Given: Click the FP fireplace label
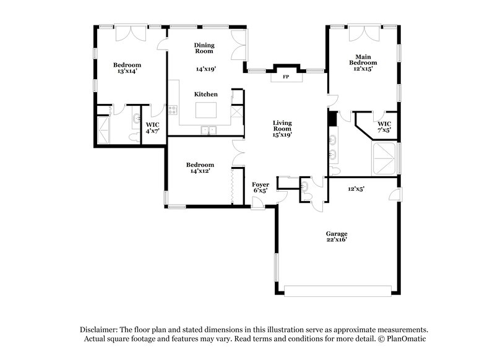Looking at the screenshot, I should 286,77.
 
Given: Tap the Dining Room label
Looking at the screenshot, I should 204,48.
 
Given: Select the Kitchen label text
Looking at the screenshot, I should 206,94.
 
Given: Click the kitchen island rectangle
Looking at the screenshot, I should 207,110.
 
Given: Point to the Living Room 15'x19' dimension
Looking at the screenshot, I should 282,134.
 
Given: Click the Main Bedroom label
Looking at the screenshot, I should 363,59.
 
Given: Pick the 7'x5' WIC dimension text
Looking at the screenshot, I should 384,131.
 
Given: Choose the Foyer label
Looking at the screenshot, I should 260,184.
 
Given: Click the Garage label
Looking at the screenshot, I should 337,233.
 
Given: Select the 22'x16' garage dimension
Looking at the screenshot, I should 337,239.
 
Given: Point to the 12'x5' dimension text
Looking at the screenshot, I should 356,189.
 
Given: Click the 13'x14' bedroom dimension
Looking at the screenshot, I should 127,71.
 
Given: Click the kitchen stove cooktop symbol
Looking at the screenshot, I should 173,111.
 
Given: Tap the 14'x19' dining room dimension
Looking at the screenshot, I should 206,69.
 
